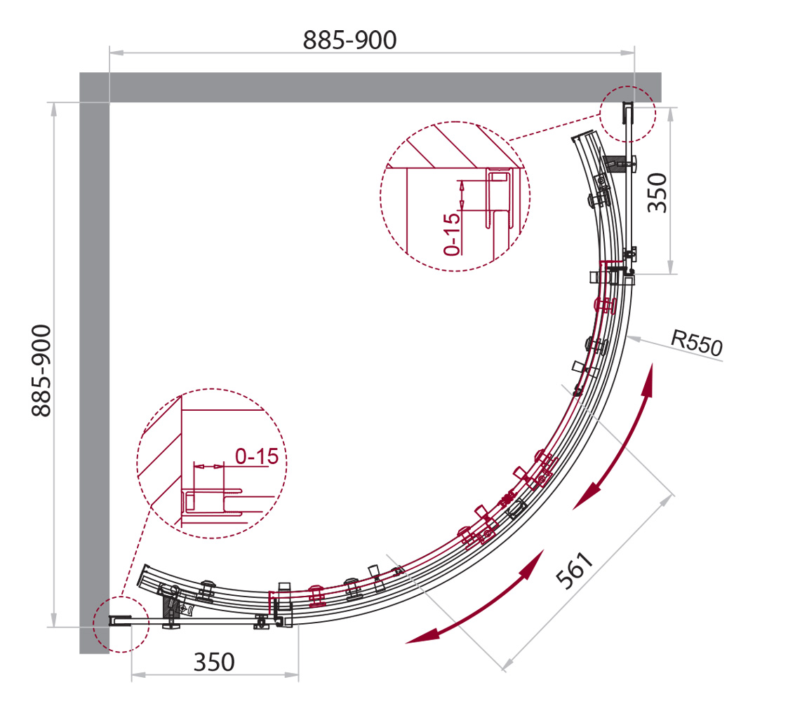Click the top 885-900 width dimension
pyautogui.click(x=349, y=41)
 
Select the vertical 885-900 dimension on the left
pyautogui.click(x=41, y=370)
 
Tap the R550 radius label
pyautogui.click(x=696, y=343)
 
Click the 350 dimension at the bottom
pyautogui.click(x=213, y=661)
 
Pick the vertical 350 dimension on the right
pyautogui.click(x=660, y=192)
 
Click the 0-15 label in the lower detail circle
pyautogui.click(x=257, y=457)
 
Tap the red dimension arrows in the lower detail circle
pyautogui.click(x=208, y=465)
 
